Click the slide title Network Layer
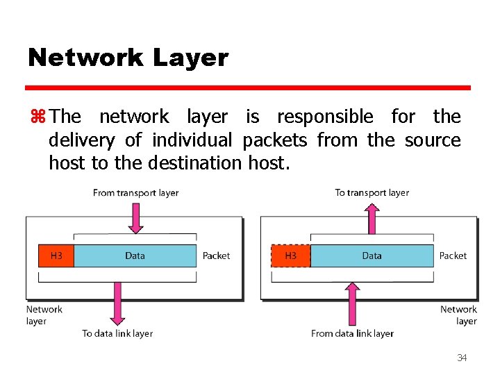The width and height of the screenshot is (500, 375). (x=128, y=58)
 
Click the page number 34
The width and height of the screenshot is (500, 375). (x=462, y=358)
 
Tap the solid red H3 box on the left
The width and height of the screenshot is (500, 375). (x=56, y=256)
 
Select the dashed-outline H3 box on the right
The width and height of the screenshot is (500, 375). (x=290, y=256)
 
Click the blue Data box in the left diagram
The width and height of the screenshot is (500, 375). (x=135, y=256)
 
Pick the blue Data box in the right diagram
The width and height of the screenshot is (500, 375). (x=372, y=256)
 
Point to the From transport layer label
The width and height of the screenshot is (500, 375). (x=135, y=192)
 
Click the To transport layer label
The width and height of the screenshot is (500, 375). (x=372, y=192)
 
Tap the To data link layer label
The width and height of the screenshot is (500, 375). (x=117, y=333)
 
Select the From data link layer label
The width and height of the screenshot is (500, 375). (x=352, y=333)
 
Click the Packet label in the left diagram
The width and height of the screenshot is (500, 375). (x=216, y=256)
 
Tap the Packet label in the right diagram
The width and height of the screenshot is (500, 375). (x=453, y=256)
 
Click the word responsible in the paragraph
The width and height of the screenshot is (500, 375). (x=324, y=116)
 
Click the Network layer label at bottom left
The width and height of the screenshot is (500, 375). (x=44, y=315)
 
